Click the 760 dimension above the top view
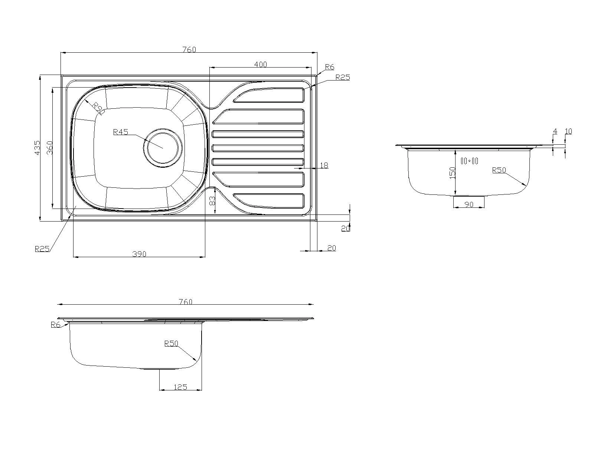(189, 49)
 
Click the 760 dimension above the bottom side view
(185, 302)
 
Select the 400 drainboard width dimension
(260, 64)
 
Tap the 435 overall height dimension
(37, 148)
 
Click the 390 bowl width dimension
(139, 254)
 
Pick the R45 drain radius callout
(121, 132)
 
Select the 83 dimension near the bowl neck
(212, 201)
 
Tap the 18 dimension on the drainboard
(324, 166)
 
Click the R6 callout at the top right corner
(329, 67)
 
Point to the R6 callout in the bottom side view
(55, 325)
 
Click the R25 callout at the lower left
(42, 249)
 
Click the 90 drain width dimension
(469, 204)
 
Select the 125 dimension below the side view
(180, 387)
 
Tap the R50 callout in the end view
(499, 170)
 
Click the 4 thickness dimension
(555, 131)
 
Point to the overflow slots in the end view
(469, 161)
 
